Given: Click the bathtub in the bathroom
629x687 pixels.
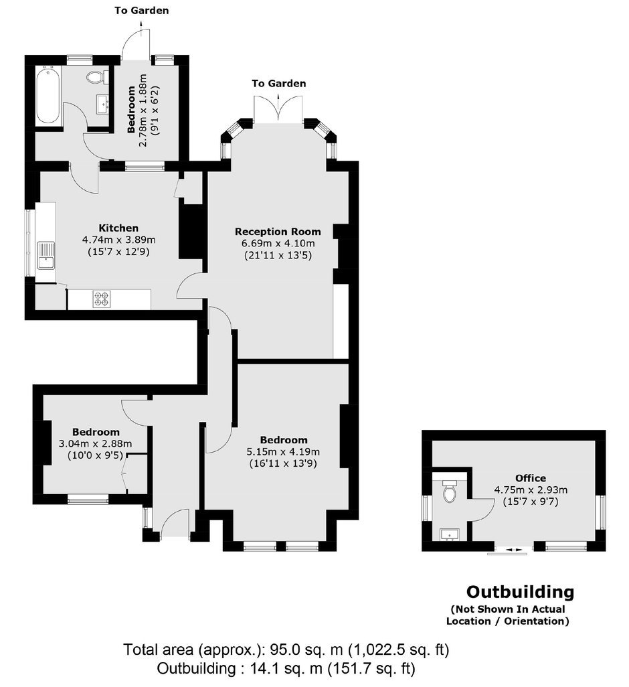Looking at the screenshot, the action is pos(48,94).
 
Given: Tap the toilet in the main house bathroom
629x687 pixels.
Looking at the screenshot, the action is pos(96,78).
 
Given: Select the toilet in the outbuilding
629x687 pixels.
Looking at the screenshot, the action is pos(450,491).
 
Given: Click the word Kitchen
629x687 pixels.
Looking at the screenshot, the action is pos(118,228).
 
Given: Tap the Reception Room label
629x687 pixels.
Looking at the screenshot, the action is pos(278,231).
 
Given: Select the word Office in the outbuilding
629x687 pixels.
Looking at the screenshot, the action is pos(530,478).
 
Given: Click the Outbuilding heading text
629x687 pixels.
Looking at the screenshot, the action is pos(520,592).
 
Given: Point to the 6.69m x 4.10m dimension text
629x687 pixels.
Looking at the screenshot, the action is pos(278,243).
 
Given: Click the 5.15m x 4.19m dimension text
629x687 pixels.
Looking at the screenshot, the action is pos(283,451).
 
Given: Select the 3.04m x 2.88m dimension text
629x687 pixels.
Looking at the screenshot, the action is pos(96,443).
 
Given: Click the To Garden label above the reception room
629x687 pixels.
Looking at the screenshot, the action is pos(279,83).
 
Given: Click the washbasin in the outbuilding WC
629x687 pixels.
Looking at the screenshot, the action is pos(449,534).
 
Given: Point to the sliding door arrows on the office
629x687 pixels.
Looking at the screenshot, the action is pos(511,550).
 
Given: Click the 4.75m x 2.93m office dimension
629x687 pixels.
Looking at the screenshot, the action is pos(530,490).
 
